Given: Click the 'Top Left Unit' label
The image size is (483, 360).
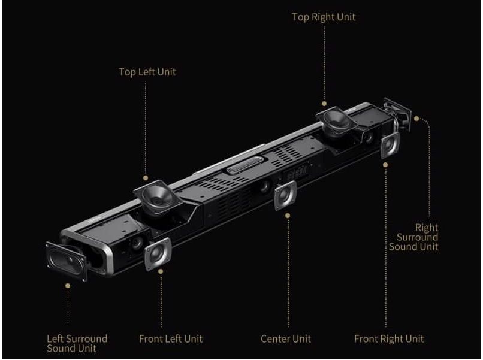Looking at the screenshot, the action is click(147, 72).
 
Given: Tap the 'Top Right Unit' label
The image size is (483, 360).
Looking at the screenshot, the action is click(324, 17).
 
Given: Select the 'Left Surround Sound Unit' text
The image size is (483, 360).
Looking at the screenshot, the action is click(77, 344).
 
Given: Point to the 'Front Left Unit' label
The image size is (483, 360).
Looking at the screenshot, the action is click(171, 339).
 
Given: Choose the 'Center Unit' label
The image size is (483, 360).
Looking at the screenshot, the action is click(286, 339).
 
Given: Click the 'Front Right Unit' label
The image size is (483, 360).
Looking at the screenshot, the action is click(389, 339).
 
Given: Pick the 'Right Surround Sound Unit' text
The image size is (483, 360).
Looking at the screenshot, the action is click(413, 237).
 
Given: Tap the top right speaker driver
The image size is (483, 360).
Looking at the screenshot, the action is click(336, 121).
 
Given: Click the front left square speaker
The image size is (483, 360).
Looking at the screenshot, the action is click(158, 254).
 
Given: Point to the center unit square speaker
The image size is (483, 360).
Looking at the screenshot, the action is click(285, 195).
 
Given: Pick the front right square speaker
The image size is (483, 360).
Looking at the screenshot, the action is click(390, 145).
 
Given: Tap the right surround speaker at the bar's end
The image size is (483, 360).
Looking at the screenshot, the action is click(398, 114).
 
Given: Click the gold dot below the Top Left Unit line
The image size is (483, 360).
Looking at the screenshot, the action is click(146, 178).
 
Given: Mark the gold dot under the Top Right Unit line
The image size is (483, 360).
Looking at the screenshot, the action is click(324, 104).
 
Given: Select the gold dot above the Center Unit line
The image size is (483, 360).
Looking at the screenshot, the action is click(288, 216).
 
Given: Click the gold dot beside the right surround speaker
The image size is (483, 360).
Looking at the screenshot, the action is click(416, 119).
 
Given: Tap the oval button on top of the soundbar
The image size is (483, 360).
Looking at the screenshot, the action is click(245, 165).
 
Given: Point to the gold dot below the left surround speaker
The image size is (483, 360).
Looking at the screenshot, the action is click(68, 286).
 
